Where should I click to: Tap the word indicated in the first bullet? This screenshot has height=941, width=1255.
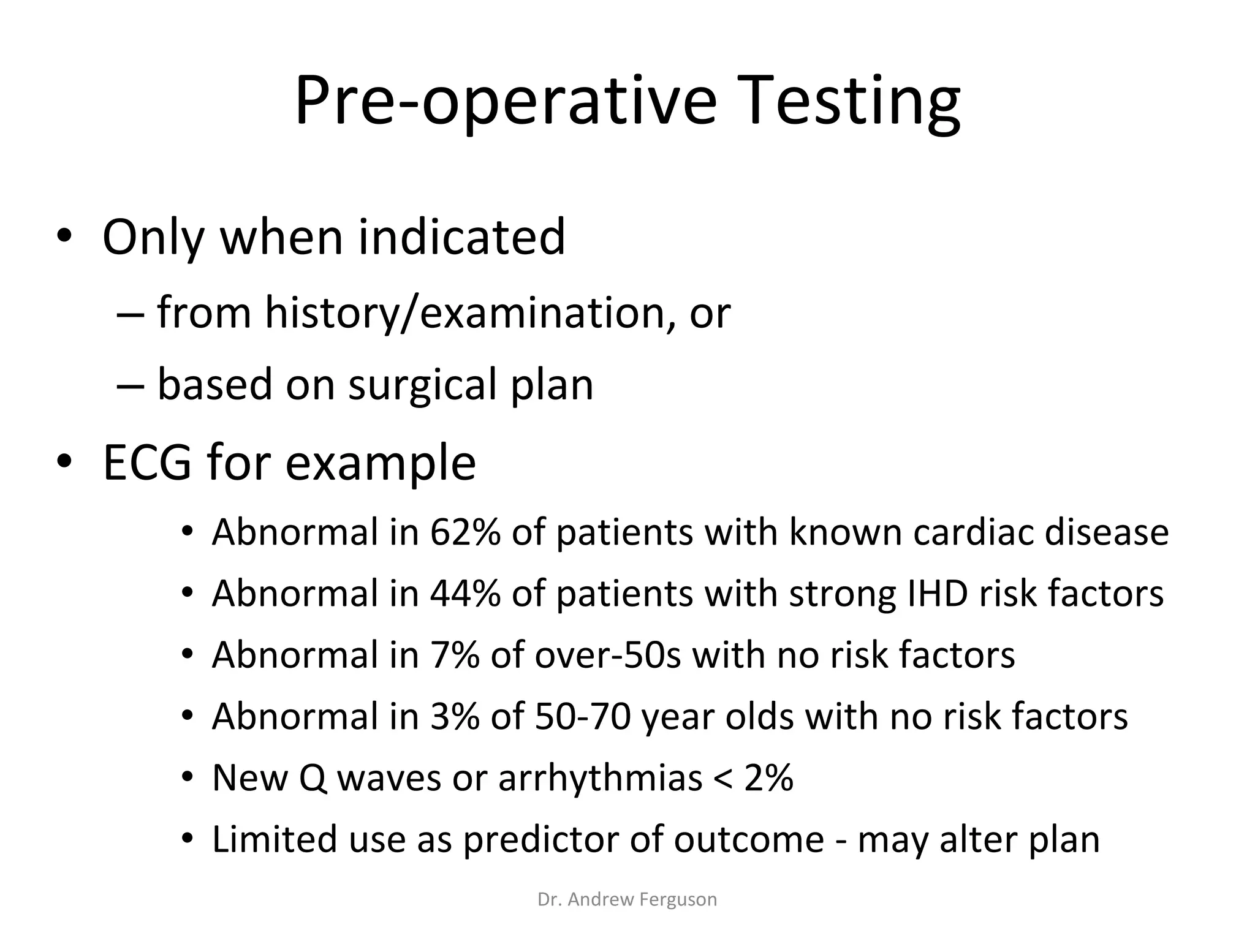(461, 237)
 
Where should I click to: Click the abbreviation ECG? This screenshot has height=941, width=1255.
(146, 463)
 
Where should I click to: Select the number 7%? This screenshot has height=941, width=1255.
(454, 654)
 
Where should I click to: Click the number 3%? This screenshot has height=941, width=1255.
(454, 716)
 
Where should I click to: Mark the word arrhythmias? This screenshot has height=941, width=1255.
(600, 778)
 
